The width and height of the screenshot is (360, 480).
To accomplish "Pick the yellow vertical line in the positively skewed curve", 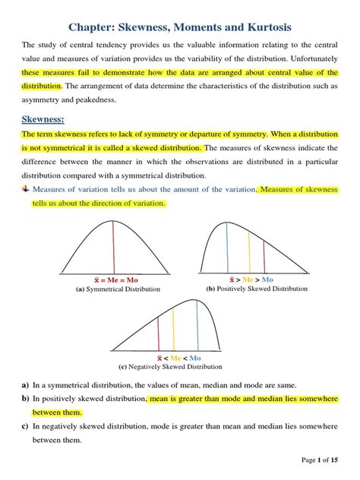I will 245,251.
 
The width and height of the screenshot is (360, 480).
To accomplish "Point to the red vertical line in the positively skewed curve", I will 264,259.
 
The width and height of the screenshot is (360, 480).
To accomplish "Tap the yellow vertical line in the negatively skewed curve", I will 175,327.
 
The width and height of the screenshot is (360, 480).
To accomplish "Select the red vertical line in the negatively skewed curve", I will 158,333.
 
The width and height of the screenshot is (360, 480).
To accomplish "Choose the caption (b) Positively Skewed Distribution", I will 257,289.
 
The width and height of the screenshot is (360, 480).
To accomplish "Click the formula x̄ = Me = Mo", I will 93,279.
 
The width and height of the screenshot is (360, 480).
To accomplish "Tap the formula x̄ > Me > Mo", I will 255,279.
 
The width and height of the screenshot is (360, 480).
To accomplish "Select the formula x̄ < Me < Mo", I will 178,357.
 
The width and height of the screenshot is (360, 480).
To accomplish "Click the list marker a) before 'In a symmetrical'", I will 25,385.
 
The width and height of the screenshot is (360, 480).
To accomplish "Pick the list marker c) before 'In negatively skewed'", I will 25,427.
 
